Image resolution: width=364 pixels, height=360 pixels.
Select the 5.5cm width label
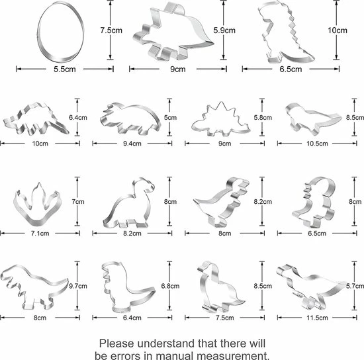65,69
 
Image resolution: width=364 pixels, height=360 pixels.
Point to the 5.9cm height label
224,30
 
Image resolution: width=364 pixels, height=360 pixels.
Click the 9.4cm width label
132,144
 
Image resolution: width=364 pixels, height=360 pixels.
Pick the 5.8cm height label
263,117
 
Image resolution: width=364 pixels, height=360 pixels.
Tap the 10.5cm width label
317,144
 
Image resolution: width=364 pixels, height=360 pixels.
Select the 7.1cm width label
40,233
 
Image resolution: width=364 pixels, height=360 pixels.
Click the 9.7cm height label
78,286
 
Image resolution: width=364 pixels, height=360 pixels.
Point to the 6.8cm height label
170,286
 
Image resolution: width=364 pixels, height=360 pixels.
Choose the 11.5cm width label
317,318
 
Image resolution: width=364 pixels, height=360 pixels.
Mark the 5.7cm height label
355,286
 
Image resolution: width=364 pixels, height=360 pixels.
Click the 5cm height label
170,117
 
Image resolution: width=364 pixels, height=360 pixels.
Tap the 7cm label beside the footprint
78,201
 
